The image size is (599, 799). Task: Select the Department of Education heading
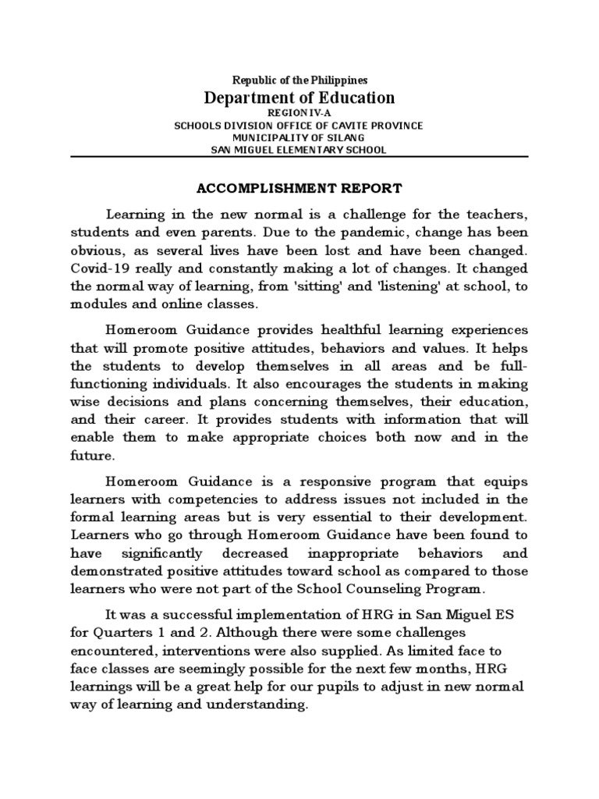(299, 98)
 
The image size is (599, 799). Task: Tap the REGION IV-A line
(299, 113)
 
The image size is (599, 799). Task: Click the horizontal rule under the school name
(299, 156)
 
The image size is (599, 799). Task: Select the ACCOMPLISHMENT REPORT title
(299, 189)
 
